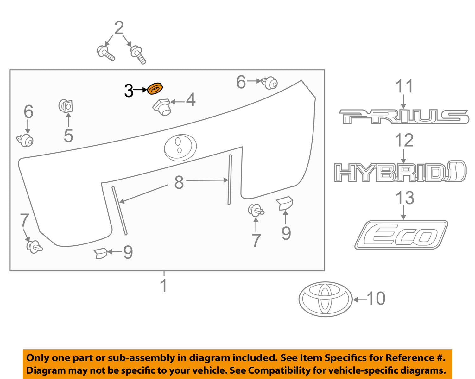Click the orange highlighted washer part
click(x=155, y=89)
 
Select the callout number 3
click(x=129, y=91)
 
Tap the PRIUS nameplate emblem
click(x=404, y=117)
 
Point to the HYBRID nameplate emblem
click(x=400, y=172)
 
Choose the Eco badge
click(x=401, y=235)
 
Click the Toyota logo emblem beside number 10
click(x=325, y=299)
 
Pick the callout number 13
click(x=405, y=198)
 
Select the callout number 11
click(x=405, y=86)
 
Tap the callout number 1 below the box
click(x=163, y=286)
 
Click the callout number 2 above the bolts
click(x=119, y=28)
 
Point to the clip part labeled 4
click(x=162, y=106)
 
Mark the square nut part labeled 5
click(x=66, y=106)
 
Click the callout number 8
click(x=179, y=182)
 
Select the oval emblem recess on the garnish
click(x=180, y=147)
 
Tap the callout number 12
click(x=404, y=140)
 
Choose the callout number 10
click(x=376, y=299)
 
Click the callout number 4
click(x=191, y=100)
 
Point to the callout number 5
click(x=68, y=136)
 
